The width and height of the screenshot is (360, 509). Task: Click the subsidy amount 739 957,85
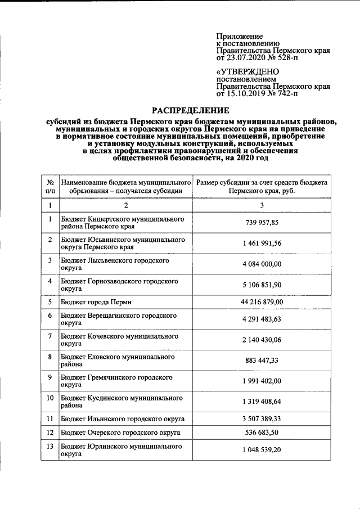[x=262, y=222]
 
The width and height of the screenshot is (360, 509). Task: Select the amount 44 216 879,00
[x=262, y=302]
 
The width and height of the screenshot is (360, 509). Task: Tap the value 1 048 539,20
[x=262, y=452]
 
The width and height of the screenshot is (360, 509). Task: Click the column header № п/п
[x=50, y=187]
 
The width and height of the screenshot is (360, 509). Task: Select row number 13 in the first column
[x=50, y=447]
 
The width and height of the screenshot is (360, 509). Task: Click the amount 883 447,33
[x=262, y=360]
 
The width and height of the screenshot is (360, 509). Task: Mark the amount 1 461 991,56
[x=262, y=244]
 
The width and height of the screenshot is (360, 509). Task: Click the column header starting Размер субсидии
[x=262, y=187]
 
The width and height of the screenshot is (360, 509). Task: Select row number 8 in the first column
[x=50, y=356]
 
